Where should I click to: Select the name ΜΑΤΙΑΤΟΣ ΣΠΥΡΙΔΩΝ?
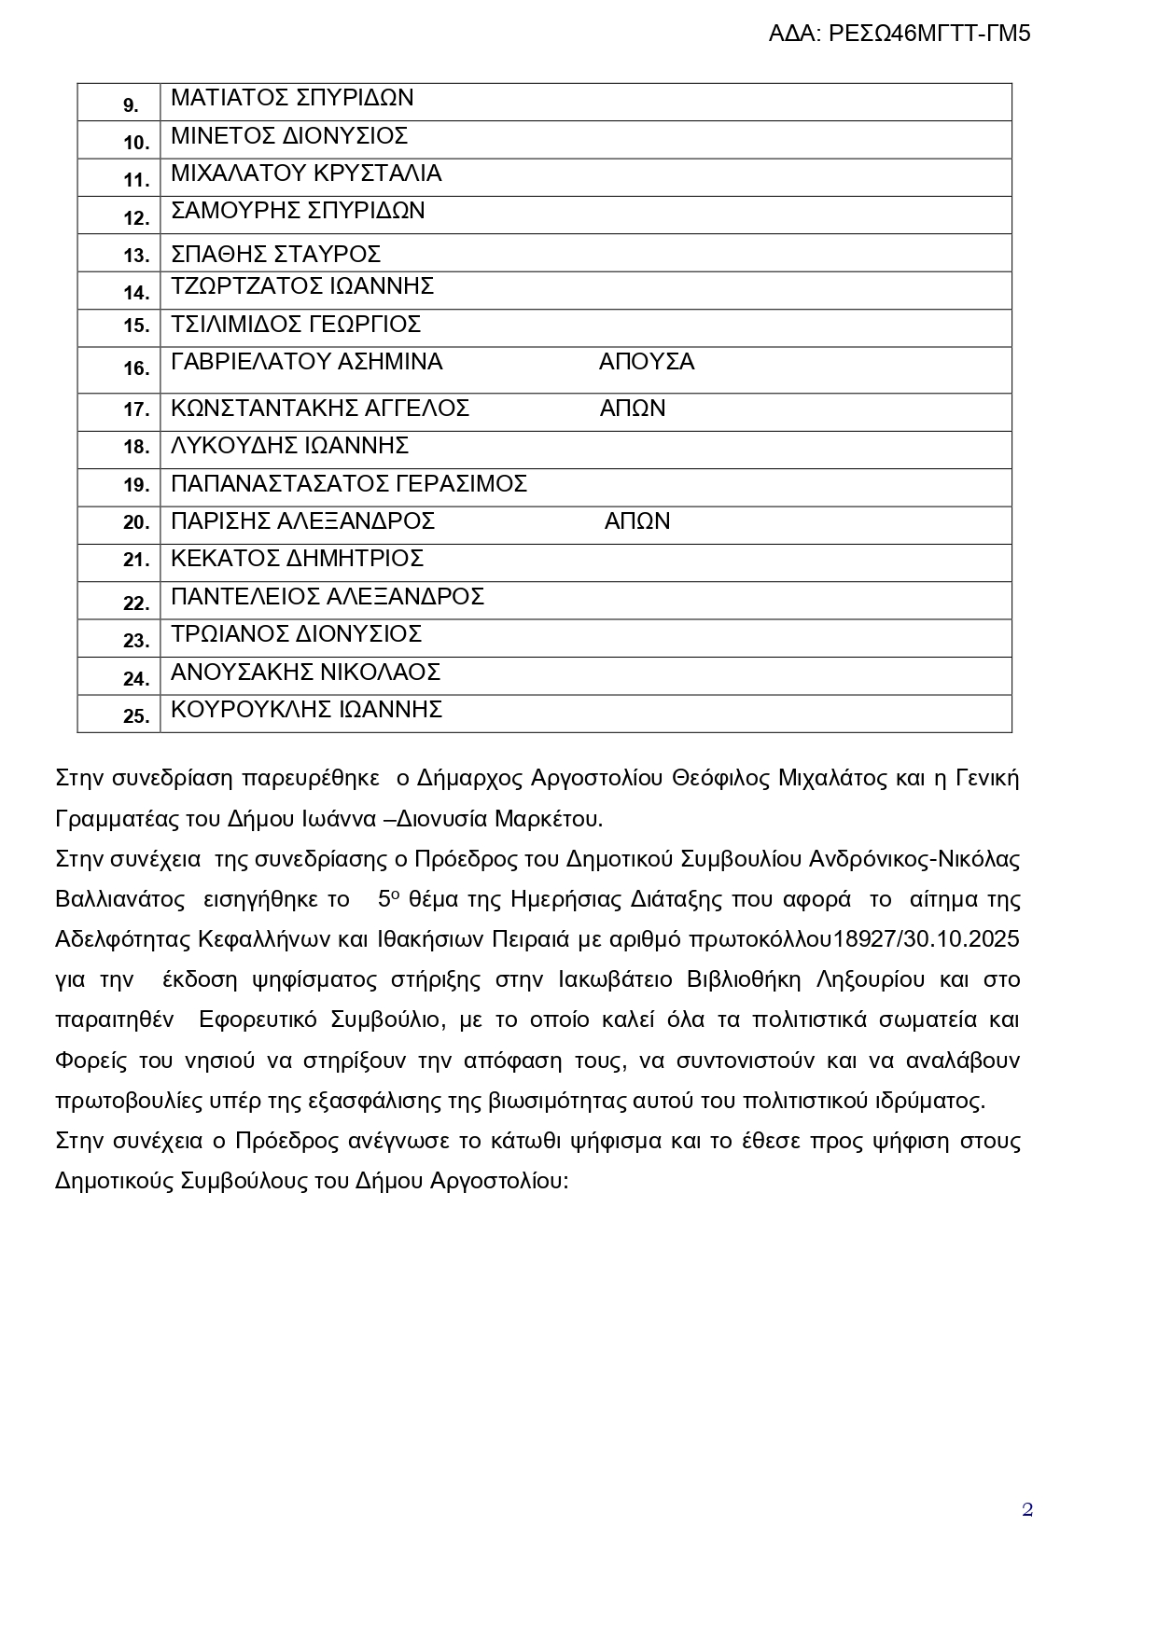pos(292,98)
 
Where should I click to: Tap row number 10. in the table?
pos(136,143)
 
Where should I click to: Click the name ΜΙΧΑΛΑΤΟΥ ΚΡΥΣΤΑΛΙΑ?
pos(306,173)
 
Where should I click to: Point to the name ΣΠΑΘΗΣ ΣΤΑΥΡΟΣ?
pos(275,255)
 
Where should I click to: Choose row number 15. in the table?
pos(136,326)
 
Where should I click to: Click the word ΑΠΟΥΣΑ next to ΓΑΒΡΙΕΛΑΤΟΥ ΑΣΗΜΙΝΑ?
pos(647,362)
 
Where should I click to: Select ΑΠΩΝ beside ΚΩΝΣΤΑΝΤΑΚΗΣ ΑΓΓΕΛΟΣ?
pos(633,409)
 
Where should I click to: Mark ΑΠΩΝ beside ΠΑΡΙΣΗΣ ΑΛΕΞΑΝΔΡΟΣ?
pos(637,521)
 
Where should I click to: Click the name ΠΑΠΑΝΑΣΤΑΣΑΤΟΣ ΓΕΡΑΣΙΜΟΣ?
pos(349,484)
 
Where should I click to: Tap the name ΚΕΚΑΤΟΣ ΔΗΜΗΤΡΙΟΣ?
pos(297,559)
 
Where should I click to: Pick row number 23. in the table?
pos(136,641)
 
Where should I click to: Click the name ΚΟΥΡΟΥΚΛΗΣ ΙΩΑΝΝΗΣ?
pos(306,710)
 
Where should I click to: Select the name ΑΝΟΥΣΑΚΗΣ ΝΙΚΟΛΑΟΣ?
pos(305,673)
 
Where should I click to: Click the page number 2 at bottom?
pos(1027,1510)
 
